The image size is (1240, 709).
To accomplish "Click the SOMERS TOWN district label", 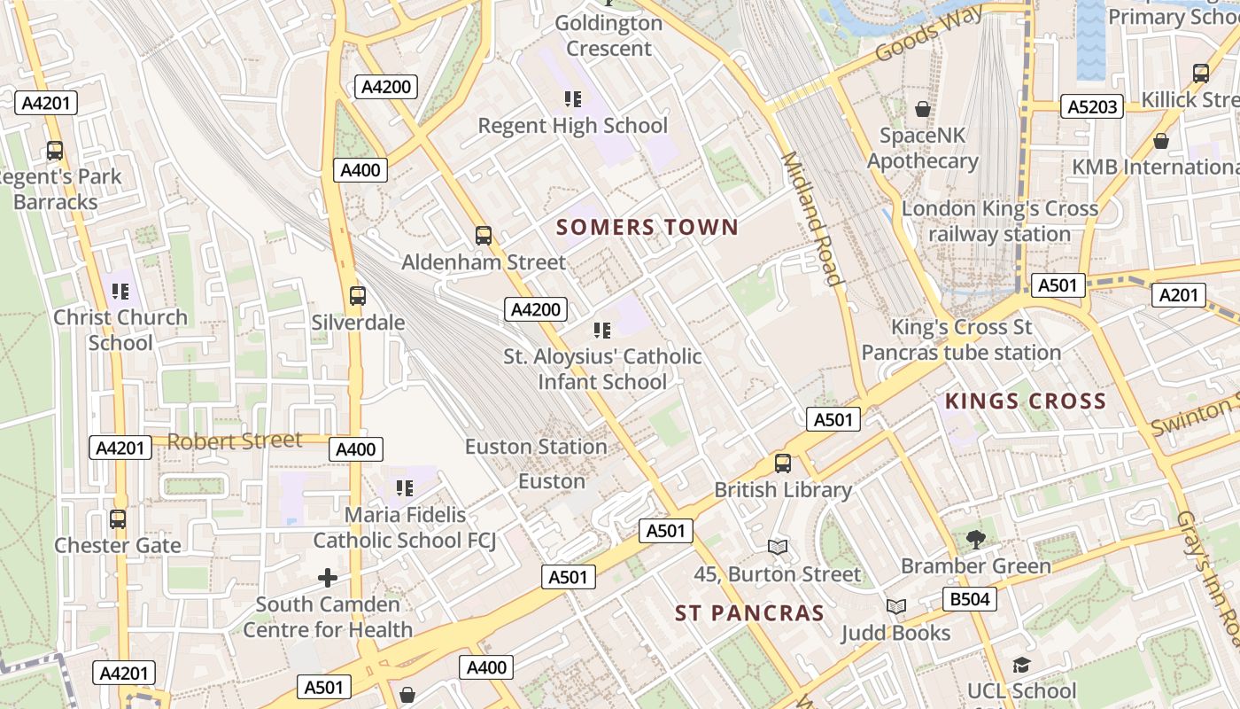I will (647, 227).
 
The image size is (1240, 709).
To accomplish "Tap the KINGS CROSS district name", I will (1026, 401).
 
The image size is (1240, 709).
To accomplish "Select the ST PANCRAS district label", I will (749, 613).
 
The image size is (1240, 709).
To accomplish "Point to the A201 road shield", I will (1178, 294).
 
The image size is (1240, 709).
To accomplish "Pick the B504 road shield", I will (969, 599).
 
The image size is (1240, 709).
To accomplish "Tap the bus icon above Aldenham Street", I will (484, 235).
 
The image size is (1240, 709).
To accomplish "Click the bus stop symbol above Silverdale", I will (358, 295).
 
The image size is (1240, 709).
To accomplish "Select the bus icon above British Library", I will (783, 463).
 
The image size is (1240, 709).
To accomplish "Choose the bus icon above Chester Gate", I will (118, 518).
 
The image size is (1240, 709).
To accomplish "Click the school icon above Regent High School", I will (573, 98).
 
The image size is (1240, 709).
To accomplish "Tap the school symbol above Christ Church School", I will (120, 291).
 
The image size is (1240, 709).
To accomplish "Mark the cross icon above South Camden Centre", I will (328, 578).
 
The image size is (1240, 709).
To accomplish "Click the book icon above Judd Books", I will (896, 606).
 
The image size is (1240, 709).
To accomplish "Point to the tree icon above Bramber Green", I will (976, 538).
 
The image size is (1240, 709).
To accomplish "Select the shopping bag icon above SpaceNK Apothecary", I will (923, 109).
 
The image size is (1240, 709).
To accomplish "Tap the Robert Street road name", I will (235, 440).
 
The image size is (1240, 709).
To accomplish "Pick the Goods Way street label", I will (928, 33).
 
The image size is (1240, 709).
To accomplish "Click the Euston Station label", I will (536, 447).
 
